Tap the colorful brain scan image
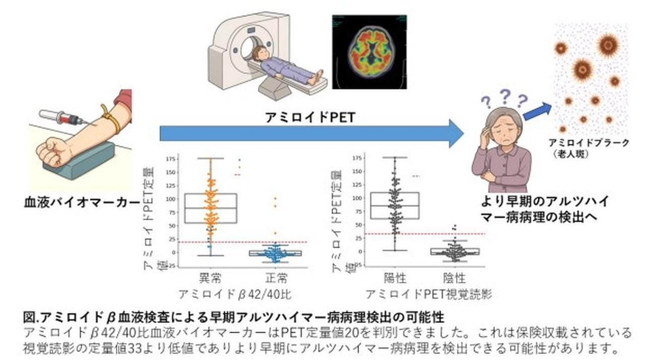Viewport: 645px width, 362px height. point(369,51)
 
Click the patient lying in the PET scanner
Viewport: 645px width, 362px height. point(285,66)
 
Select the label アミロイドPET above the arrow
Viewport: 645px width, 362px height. point(311,117)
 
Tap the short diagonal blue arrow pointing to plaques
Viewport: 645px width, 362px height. point(538,110)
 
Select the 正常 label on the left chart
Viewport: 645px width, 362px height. point(276,277)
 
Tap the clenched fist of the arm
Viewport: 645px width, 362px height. point(54,151)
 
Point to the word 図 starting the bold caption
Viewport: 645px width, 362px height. point(29,318)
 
